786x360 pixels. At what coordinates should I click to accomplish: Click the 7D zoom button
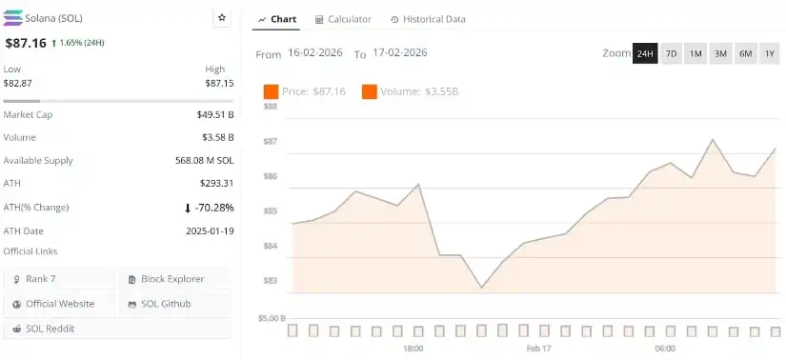(671, 53)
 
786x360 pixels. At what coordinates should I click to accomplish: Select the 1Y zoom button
(769, 53)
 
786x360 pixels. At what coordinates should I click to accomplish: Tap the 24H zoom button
(645, 53)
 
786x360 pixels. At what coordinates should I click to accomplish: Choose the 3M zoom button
(720, 53)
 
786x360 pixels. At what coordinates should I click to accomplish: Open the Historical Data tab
(428, 19)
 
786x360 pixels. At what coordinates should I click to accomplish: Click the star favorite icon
(222, 18)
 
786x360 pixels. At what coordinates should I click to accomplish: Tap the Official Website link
(59, 304)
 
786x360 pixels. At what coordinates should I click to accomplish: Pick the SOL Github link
(165, 304)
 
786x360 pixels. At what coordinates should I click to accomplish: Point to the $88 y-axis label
(270, 107)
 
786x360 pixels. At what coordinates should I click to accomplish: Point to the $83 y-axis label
(270, 281)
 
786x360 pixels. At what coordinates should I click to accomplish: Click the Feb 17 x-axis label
(539, 349)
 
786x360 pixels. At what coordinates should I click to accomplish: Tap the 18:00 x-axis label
(413, 349)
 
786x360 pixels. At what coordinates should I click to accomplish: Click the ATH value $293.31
(214, 183)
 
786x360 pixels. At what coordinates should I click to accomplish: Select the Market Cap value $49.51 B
(212, 114)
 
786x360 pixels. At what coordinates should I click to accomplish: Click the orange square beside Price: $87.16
(271, 91)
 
